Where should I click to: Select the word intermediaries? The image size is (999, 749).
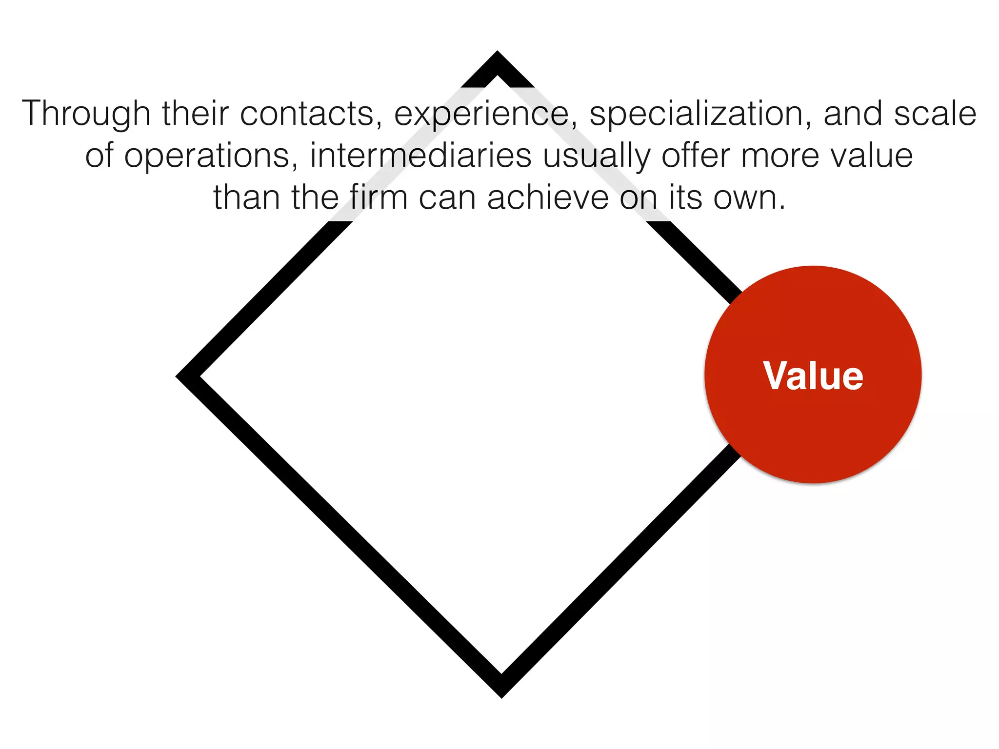(x=420, y=156)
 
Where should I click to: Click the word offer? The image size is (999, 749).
(x=696, y=156)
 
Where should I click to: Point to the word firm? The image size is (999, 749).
(x=378, y=198)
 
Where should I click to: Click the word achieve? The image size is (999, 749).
(x=548, y=198)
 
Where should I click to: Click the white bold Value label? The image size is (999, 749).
(x=813, y=376)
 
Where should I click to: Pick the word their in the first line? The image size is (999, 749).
(x=195, y=113)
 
